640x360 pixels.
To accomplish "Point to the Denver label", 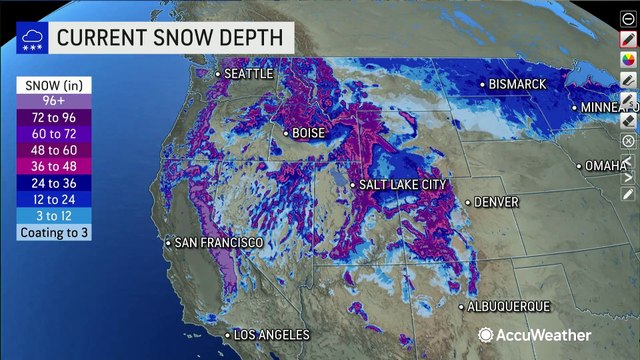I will click(495, 201).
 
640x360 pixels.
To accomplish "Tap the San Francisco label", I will click(218, 243).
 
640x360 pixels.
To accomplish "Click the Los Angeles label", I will click(271, 335).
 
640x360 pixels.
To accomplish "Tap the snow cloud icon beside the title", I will click(30, 39).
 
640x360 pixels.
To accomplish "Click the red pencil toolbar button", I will click(627, 38).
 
